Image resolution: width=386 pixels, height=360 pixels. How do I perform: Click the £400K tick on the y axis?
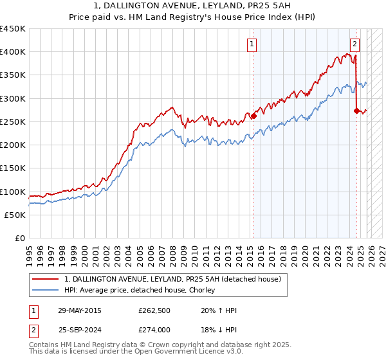point(13,52)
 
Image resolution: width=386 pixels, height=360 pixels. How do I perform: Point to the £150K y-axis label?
point(13,168)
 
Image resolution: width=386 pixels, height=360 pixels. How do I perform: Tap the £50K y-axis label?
point(15,215)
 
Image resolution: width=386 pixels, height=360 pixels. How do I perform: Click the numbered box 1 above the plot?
point(251,44)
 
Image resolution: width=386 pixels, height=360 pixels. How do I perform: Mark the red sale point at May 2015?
point(253,116)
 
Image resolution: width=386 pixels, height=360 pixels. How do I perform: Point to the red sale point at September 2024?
point(356,111)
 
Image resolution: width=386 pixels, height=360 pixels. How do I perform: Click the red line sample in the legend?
point(46,280)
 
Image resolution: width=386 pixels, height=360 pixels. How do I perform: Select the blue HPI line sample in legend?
point(46,291)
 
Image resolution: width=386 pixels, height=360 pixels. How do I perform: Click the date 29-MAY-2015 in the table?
point(80,310)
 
